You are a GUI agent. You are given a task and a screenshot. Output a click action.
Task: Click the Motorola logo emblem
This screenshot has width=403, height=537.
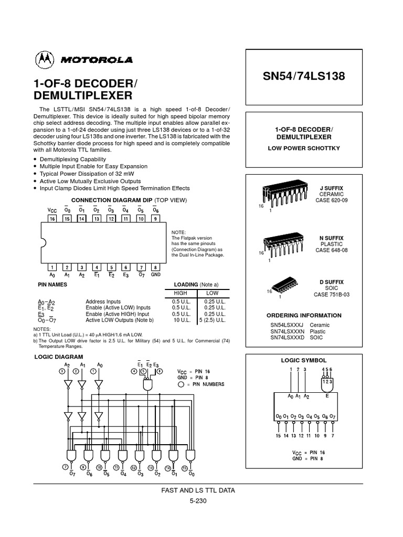(x=44, y=60)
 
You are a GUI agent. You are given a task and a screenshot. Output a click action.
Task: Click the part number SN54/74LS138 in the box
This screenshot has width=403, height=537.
(x=303, y=76)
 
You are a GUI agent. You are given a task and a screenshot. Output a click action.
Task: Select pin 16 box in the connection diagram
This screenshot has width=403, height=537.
(x=52, y=218)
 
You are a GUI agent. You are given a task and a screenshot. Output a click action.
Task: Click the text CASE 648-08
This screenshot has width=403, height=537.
(x=331, y=251)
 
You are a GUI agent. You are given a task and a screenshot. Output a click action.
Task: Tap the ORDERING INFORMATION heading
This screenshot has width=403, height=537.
(x=304, y=316)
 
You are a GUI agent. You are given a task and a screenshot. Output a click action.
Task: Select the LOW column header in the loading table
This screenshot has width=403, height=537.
(x=212, y=293)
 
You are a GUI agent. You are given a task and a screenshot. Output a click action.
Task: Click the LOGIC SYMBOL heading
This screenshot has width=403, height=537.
(x=304, y=361)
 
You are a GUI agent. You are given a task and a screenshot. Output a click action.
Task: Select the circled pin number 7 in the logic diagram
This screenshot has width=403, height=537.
(x=66, y=466)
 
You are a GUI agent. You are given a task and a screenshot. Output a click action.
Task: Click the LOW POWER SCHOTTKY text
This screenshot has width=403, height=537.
(x=303, y=148)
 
